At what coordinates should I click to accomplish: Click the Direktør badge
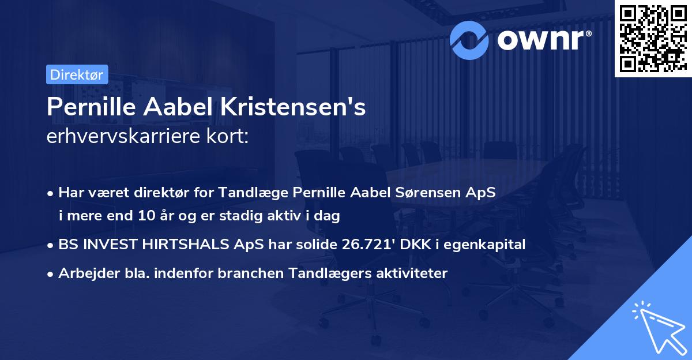tap(77, 74)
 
